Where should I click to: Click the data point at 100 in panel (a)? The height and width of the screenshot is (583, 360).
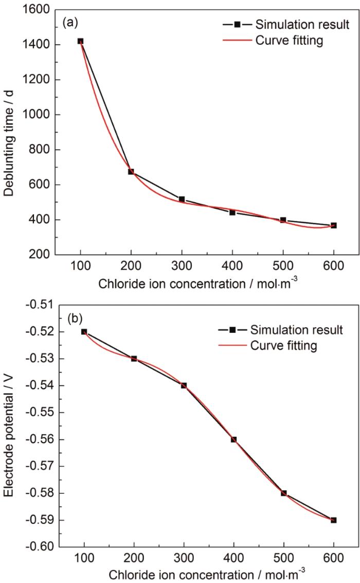80,41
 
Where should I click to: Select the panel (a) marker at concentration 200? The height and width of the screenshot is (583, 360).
131,172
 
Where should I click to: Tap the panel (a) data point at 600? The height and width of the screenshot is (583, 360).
334,225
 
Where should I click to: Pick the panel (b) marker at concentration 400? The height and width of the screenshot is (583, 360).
233,439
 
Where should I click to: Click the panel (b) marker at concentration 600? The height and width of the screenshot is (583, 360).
334,520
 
